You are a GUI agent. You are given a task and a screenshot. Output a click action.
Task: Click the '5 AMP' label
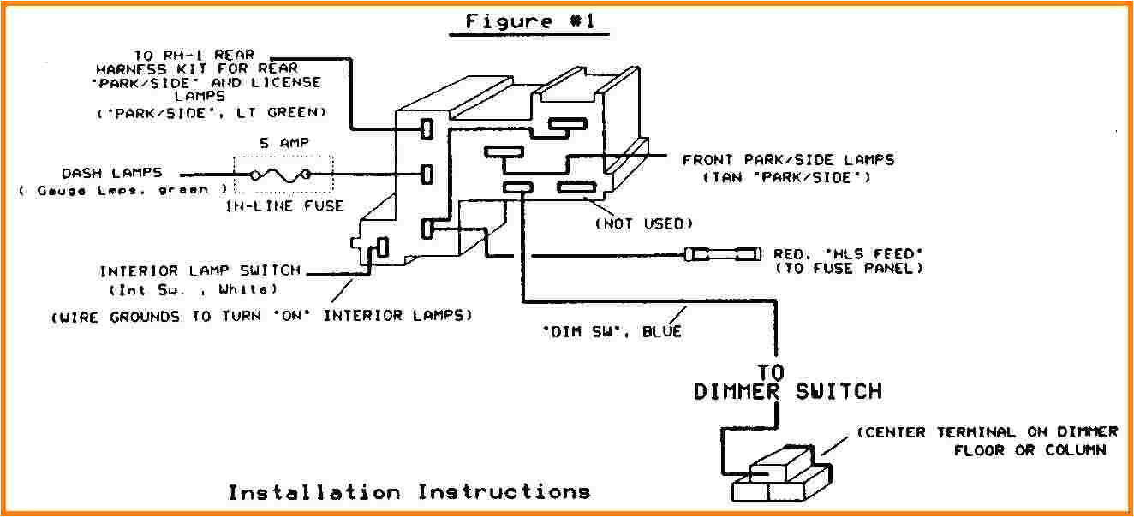tap(282, 144)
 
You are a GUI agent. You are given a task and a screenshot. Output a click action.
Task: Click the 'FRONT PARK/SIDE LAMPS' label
tap(788, 160)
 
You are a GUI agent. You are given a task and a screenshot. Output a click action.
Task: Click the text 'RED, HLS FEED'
tap(848, 253)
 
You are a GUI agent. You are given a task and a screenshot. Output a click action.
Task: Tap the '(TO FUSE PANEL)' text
tap(848, 269)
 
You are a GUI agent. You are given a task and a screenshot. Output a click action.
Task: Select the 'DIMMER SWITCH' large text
tap(787, 392)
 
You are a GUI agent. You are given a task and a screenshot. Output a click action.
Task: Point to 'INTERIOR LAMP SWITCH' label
tap(200, 271)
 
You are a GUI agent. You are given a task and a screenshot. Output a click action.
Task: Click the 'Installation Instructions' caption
tap(409, 492)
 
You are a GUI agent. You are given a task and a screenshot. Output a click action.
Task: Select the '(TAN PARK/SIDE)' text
tap(787, 177)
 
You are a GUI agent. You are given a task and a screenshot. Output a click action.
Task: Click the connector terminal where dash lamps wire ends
tap(427, 175)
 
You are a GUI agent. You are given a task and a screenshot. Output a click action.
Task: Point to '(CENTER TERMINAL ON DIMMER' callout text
tap(987, 432)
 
